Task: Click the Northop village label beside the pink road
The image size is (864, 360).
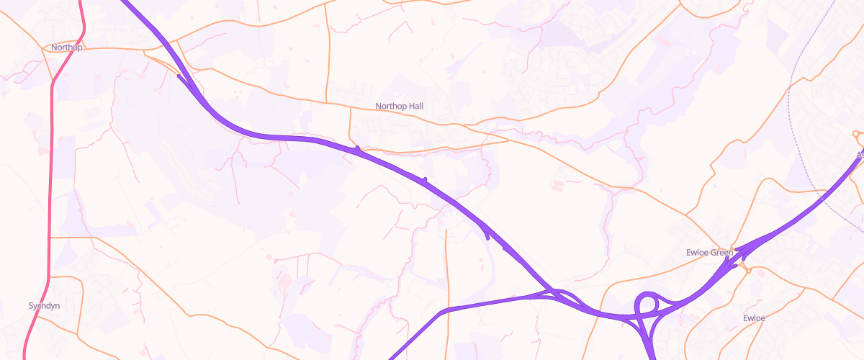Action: pos(67,48)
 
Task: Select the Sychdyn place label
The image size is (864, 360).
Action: pos(44,306)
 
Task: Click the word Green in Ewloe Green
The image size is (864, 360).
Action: pos(721,253)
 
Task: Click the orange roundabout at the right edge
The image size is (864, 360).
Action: pos(856,134)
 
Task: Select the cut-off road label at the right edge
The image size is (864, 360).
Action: pos(860,154)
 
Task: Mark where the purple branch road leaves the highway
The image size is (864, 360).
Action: pos(552,291)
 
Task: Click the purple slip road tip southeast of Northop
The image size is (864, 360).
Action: pos(179,75)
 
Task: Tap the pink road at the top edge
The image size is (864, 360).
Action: pos(80,3)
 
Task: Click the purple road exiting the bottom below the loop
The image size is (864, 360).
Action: pos(652,356)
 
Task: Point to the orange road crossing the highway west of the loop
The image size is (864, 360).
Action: pos(600,313)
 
